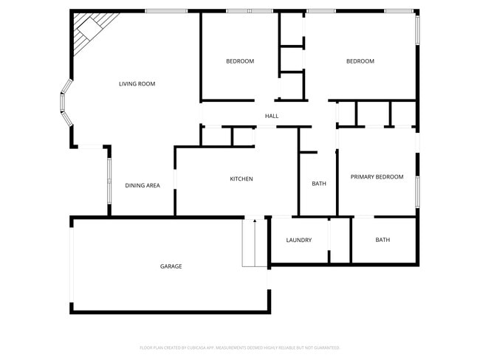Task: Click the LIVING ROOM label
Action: [x=137, y=84]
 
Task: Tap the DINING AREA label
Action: [x=143, y=186]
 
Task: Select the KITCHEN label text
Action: [x=241, y=179]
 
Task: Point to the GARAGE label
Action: [x=171, y=266]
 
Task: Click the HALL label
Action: [x=272, y=117]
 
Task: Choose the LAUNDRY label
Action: [x=298, y=240]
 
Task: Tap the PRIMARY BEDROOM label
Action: [x=377, y=177]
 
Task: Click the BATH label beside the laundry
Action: [x=383, y=240]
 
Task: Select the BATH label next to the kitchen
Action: [x=319, y=184]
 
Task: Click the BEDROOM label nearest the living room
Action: [x=240, y=61]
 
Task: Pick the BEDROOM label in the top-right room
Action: [x=360, y=61]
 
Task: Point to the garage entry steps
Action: [x=255, y=243]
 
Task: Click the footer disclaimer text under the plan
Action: [x=240, y=347]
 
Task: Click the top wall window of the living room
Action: [x=165, y=11]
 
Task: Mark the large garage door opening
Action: [x=72, y=265]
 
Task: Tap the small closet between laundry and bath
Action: [x=340, y=240]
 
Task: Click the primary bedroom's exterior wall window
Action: [x=416, y=190]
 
